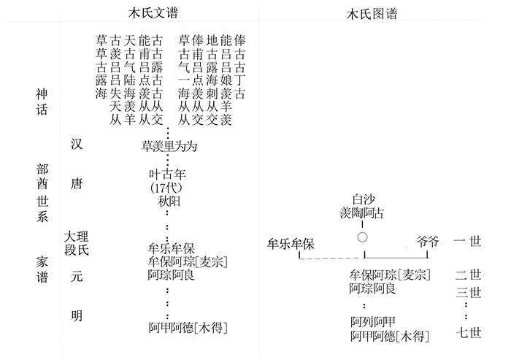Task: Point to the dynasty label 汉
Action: click(77, 144)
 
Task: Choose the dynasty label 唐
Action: click(77, 185)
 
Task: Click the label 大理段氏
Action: click(76, 244)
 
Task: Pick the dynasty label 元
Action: click(77, 278)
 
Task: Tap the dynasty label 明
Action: click(77, 316)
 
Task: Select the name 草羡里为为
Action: click(169, 146)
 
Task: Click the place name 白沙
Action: click(363, 199)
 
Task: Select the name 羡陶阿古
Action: click(363, 213)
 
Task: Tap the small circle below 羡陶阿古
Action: click(362, 238)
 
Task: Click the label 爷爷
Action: click(428, 242)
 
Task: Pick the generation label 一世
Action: click(467, 242)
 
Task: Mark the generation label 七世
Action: click(468, 334)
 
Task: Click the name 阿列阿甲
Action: click(373, 322)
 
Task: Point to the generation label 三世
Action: click(468, 293)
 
